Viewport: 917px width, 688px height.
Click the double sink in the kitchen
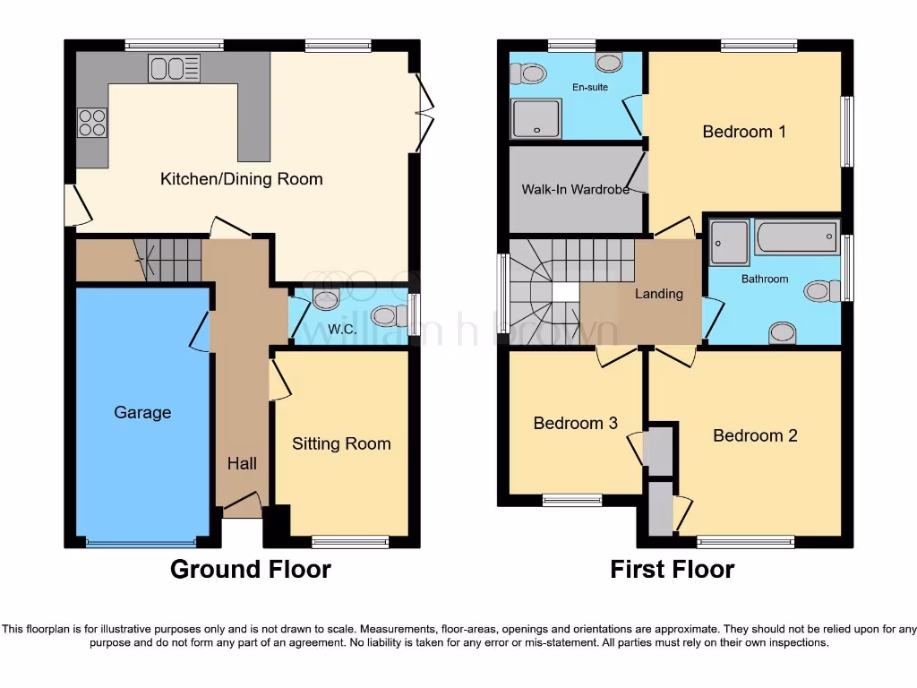coord(176,69)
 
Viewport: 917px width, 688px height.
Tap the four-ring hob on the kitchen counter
coord(92,122)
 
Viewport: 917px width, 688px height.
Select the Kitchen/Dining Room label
coord(241,179)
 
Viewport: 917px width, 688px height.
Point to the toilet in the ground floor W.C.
coord(387,315)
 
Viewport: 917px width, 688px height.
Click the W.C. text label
coord(342,329)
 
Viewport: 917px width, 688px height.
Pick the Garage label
coord(142,413)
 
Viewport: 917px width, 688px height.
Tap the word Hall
coord(242,463)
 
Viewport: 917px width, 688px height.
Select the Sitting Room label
coord(341,443)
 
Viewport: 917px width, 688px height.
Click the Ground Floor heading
coord(251,569)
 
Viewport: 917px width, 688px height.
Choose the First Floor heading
coord(673,569)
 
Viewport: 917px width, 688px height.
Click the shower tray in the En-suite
coord(536,119)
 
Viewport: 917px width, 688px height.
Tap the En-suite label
coord(590,88)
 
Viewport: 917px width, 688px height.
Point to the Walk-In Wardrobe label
coord(575,190)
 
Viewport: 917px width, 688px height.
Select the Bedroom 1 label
coord(744,132)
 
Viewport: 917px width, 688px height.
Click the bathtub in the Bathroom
coord(796,237)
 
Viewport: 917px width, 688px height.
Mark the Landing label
coord(659,294)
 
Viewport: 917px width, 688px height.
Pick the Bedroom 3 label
coord(575,424)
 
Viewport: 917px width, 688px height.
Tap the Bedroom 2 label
coord(755,435)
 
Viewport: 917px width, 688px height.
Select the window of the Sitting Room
coord(350,541)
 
